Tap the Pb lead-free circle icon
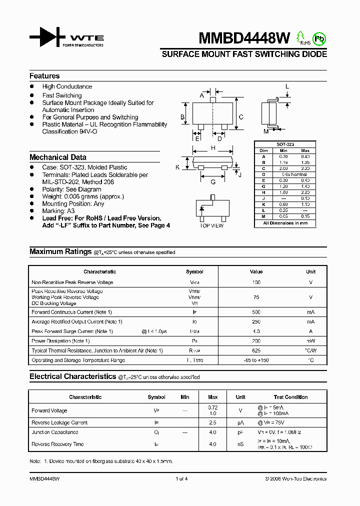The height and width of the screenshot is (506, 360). pos(318,37)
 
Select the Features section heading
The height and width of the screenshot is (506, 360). pos(44,76)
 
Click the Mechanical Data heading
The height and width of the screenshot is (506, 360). pos(58,157)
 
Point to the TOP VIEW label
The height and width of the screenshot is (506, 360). pos(211,226)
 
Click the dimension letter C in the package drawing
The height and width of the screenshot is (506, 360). pos(241,117)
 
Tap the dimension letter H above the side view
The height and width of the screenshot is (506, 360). pos(213,148)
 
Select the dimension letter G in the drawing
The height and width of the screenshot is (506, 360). pos(213,182)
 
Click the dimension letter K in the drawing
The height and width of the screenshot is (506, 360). pos(177,167)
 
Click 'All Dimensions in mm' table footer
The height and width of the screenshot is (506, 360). pos(285,223)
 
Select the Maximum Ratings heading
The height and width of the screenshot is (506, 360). pos(60,251)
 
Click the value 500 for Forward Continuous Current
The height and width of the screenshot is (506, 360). pos(256,312)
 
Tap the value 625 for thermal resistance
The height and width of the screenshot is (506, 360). pos(256,350)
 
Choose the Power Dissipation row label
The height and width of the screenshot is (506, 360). pos(60,341)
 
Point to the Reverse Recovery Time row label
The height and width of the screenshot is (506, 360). pos(57,444)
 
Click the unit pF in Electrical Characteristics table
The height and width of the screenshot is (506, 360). pos(240,432)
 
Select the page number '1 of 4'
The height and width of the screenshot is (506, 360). pos(181,479)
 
